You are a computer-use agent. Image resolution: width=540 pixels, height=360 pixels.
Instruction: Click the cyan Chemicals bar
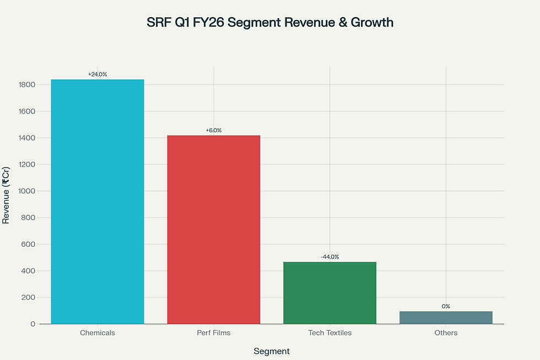pyautogui.click(x=98, y=201)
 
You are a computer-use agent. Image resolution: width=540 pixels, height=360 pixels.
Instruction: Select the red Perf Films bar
pyautogui.click(x=213, y=229)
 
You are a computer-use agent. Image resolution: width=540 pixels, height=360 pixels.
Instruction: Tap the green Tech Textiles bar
pyautogui.click(x=330, y=293)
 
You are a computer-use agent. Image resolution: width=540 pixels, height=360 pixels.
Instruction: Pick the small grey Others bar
pyautogui.click(x=446, y=318)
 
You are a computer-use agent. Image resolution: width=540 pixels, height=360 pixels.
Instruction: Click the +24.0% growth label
pyautogui.click(x=98, y=74)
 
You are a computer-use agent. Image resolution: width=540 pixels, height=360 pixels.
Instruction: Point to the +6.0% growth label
pyautogui.click(x=213, y=130)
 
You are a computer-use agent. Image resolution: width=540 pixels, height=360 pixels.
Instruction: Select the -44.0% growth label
pyautogui.click(x=330, y=257)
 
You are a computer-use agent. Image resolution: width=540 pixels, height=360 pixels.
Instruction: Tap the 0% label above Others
pyautogui.click(x=446, y=306)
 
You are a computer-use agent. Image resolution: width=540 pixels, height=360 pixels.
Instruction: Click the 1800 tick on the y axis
pyautogui.click(x=26, y=85)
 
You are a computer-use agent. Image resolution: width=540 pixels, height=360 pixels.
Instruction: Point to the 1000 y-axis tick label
pyautogui.click(x=26, y=191)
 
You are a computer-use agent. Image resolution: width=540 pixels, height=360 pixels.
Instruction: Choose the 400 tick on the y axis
pyautogui.click(x=29, y=271)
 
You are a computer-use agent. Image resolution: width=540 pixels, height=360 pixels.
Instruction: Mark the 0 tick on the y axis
pyautogui.click(x=33, y=324)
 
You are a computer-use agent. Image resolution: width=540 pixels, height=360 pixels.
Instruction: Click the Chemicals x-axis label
pyautogui.click(x=98, y=333)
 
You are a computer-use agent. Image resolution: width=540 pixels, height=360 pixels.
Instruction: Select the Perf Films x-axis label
pyautogui.click(x=213, y=333)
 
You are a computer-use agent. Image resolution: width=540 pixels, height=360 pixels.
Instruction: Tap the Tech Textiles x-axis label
pyautogui.click(x=330, y=333)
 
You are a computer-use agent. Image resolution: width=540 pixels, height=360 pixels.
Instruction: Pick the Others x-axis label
pyautogui.click(x=446, y=333)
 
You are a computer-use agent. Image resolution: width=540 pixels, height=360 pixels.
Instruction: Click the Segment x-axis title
pyautogui.click(x=272, y=351)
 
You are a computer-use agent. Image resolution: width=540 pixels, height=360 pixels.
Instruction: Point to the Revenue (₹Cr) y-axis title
pyautogui.click(x=6, y=195)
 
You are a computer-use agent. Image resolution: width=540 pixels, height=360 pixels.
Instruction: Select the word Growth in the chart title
pyautogui.click(x=372, y=23)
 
